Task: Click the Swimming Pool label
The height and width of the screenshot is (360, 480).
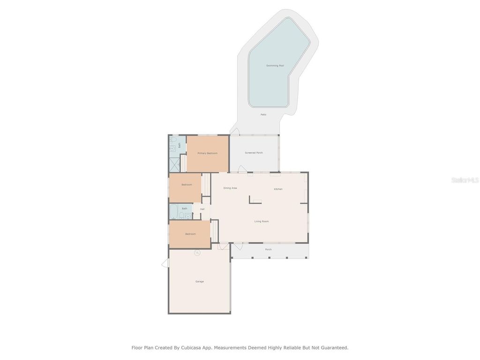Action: (x=275, y=66)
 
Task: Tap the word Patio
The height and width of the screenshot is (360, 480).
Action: (x=263, y=114)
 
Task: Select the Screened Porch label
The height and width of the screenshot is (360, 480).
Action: (x=254, y=153)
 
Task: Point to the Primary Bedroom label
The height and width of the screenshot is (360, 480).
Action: (x=207, y=153)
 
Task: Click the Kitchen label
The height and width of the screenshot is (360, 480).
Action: (x=278, y=189)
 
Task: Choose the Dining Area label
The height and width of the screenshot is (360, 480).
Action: (x=230, y=188)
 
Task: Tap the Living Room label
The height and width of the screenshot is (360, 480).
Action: (x=262, y=221)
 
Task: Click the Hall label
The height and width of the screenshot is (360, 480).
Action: (x=202, y=209)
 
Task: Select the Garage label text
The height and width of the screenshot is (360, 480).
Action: (x=200, y=281)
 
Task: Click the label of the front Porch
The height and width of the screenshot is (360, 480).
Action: (x=268, y=249)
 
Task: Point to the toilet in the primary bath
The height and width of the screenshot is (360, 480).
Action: (x=172, y=140)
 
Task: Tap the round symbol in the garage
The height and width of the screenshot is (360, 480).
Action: (x=197, y=253)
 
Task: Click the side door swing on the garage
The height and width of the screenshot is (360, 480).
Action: (x=165, y=263)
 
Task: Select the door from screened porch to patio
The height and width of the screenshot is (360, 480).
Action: (x=235, y=132)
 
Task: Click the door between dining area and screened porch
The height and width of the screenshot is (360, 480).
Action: (x=243, y=169)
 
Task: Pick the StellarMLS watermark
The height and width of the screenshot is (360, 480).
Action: (x=465, y=180)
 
